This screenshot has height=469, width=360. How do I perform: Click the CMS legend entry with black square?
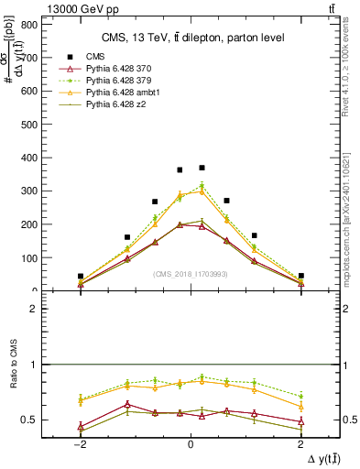click(92, 56)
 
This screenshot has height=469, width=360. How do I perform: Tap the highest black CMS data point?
click(202, 168)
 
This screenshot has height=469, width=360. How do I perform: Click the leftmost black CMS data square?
click(81, 276)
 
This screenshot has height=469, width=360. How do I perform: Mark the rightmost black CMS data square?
click(300, 275)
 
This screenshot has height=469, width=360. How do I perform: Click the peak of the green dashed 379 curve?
click(202, 186)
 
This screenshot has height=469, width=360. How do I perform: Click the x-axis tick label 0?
click(190, 442)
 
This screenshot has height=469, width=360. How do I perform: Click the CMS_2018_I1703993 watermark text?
click(190, 274)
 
